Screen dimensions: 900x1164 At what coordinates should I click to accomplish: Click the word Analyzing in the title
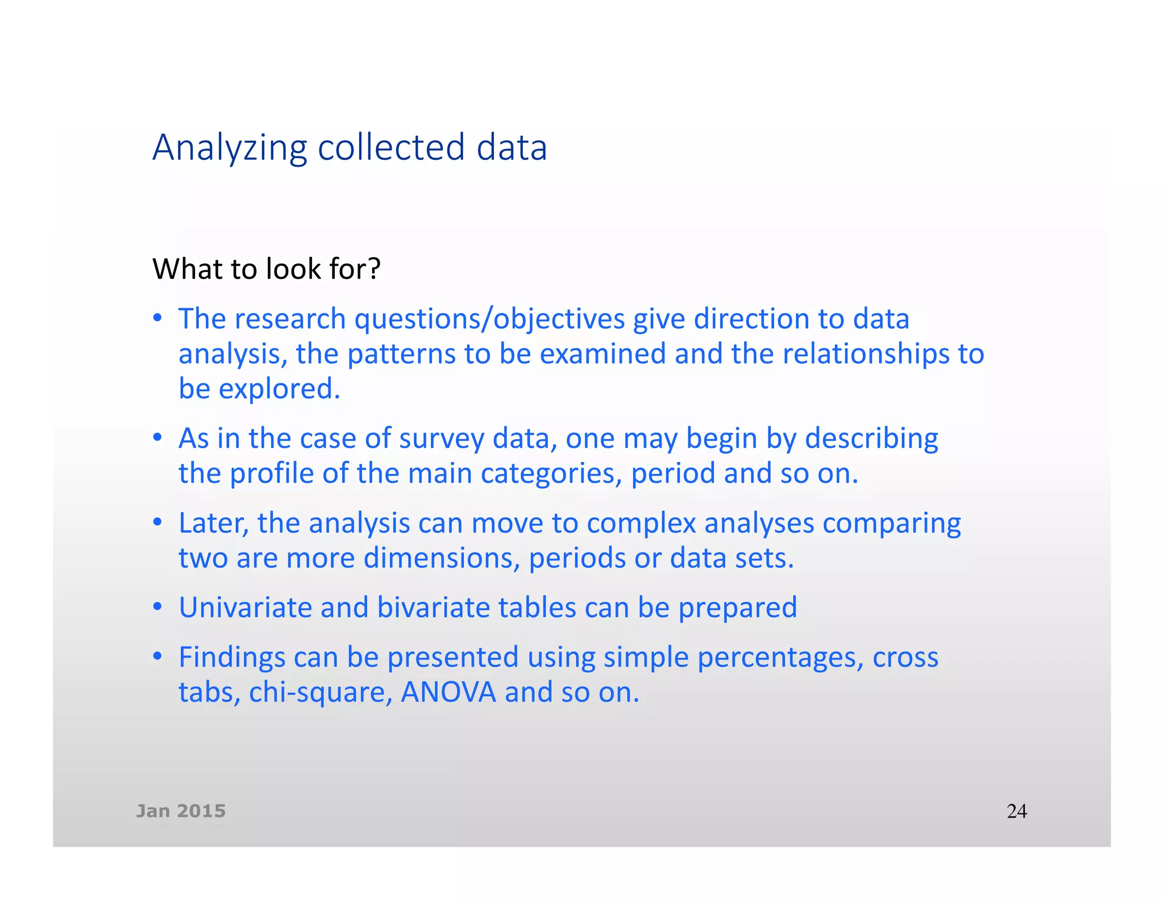(x=230, y=148)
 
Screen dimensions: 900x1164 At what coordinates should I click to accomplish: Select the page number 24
(x=1016, y=811)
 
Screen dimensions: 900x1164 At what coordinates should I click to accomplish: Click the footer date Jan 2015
(x=181, y=811)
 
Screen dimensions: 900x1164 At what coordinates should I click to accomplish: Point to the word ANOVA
(x=448, y=692)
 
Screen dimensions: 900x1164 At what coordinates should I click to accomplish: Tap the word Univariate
(x=245, y=607)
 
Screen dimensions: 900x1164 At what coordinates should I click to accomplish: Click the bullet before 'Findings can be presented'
(x=158, y=656)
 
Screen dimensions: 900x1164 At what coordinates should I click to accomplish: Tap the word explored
(x=279, y=389)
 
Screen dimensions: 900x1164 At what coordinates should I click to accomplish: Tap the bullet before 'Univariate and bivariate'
(x=158, y=606)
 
